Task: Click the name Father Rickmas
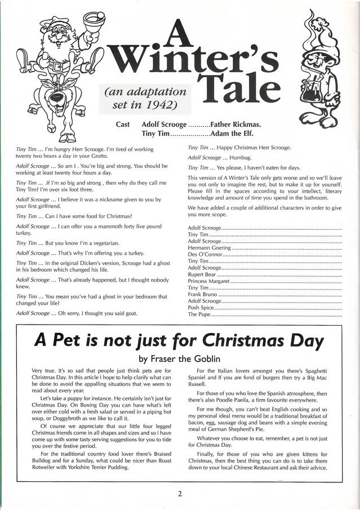[235, 124]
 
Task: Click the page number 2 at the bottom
[180, 494]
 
